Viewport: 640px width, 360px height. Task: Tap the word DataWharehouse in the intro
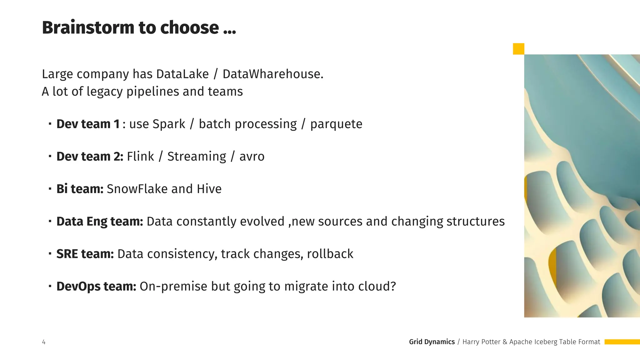point(272,74)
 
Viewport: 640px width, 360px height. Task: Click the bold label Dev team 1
point(88,124)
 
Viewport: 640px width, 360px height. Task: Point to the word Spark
point(169,124)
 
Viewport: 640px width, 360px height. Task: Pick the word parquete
point(336,124)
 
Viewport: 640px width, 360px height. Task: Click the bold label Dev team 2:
point(90,157)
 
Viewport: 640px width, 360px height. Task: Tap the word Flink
point(140,157)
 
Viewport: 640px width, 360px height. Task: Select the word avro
point(252,157)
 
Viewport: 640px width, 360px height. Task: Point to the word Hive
point(209,189)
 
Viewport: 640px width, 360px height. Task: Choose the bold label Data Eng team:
point(100,222)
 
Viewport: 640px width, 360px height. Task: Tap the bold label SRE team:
point(85,254)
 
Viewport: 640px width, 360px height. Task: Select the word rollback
point(330,254)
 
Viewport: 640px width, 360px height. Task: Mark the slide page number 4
point(44,342)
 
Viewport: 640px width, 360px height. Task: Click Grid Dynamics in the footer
point(432,342)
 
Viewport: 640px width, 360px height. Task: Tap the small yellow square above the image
point(518,49)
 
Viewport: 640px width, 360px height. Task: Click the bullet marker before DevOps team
point(50,286)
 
